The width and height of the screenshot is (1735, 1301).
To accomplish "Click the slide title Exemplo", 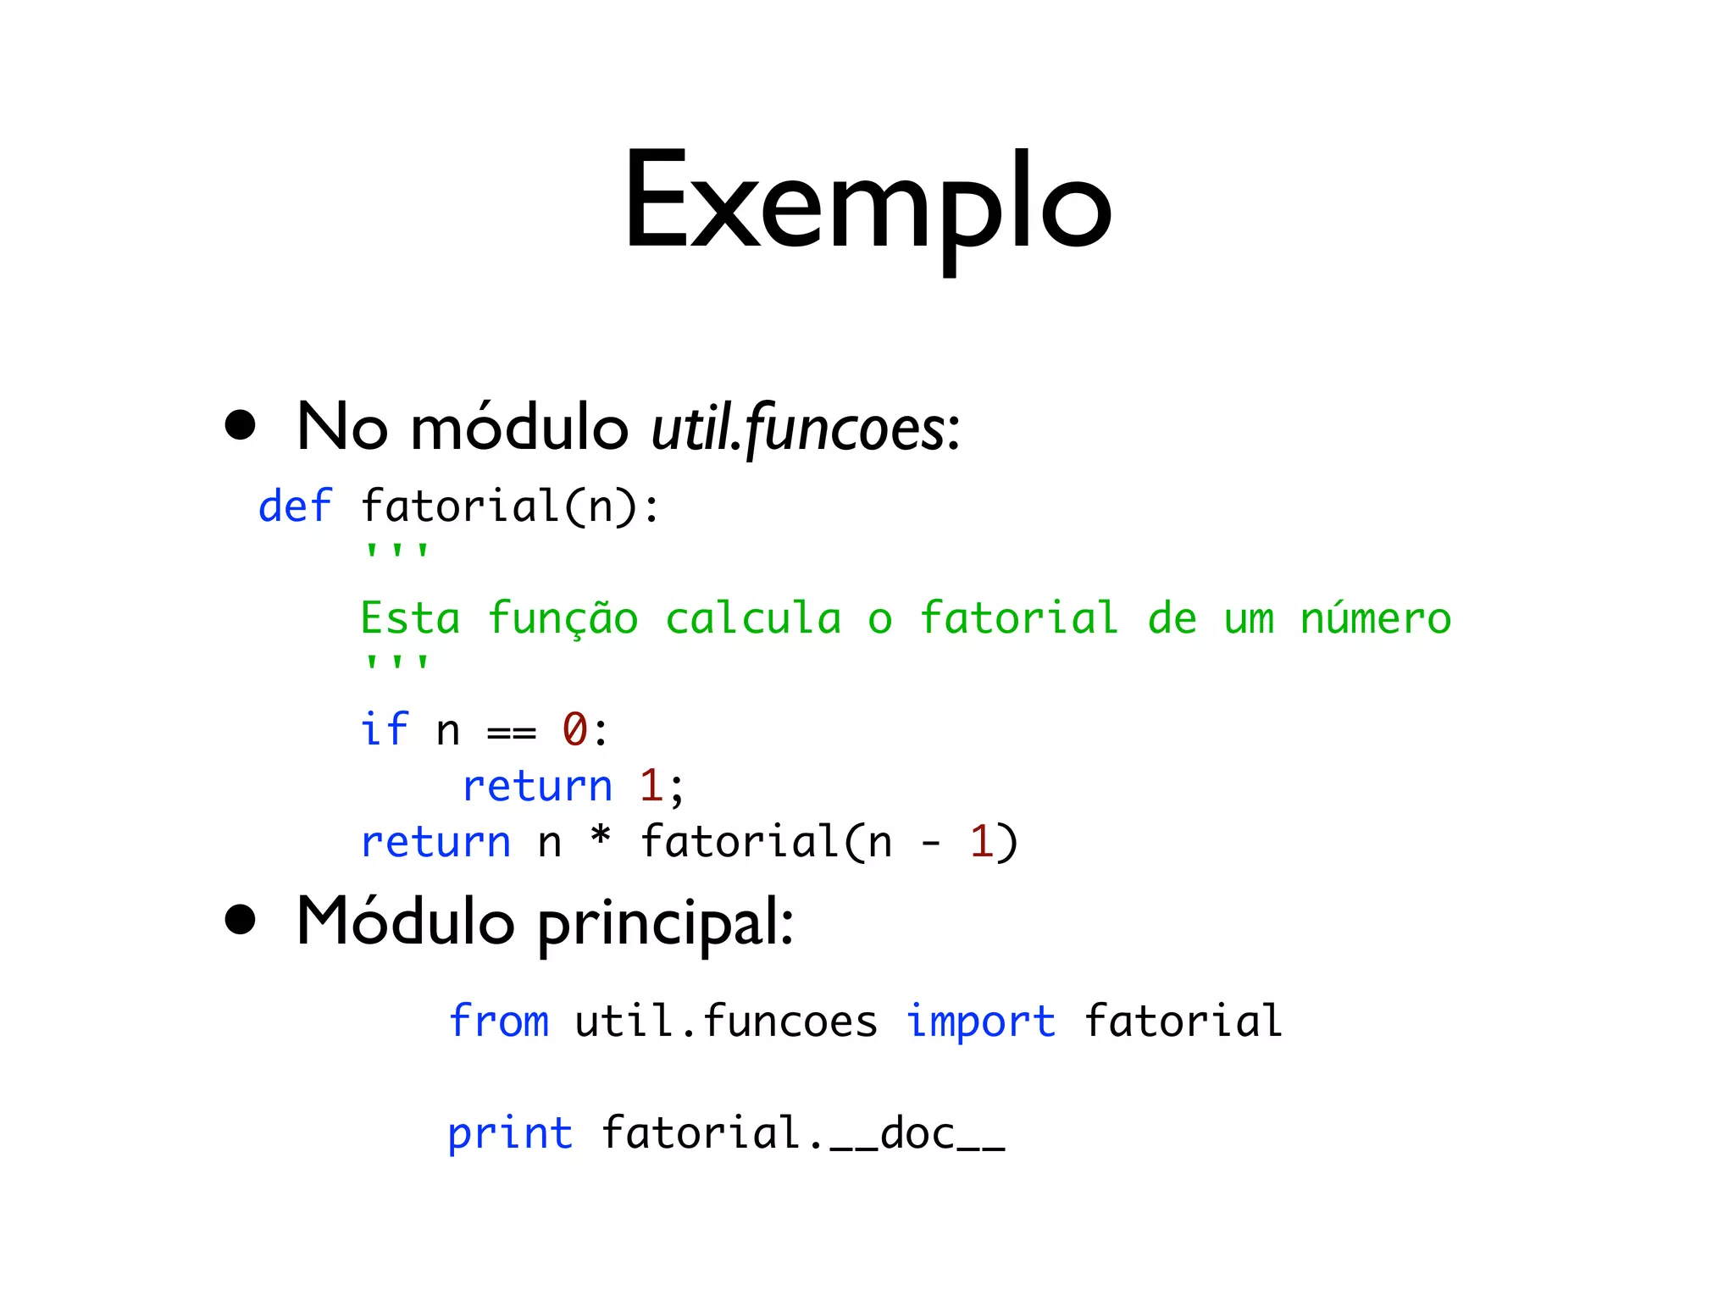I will pos(867,203).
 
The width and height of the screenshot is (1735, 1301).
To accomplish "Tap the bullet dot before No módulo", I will pos(241,425).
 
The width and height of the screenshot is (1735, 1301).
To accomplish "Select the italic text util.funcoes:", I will pos(805,429).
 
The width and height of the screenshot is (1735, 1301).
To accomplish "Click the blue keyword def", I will pos(295,507).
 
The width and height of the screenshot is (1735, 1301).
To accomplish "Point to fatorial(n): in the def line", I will pos(509,507).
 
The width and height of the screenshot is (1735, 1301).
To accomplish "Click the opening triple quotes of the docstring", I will pos(396,551).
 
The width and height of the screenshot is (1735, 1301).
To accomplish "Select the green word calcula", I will pos(753,618).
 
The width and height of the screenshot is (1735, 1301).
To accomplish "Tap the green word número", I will pos(1375,618).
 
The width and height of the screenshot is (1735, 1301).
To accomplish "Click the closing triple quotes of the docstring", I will pos(396,662).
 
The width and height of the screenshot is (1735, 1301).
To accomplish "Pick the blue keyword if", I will pos(385,729).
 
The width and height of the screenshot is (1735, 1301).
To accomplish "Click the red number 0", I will pos(575,729).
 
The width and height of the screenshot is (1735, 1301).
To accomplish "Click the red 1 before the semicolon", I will pos(651,786).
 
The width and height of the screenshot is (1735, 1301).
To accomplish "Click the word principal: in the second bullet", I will pos(666,923).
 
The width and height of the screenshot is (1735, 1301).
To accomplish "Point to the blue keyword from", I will pos(498,1021).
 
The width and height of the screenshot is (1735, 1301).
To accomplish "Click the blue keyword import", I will pos(981,1021).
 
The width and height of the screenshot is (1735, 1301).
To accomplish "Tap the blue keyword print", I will pos(510,1133).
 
